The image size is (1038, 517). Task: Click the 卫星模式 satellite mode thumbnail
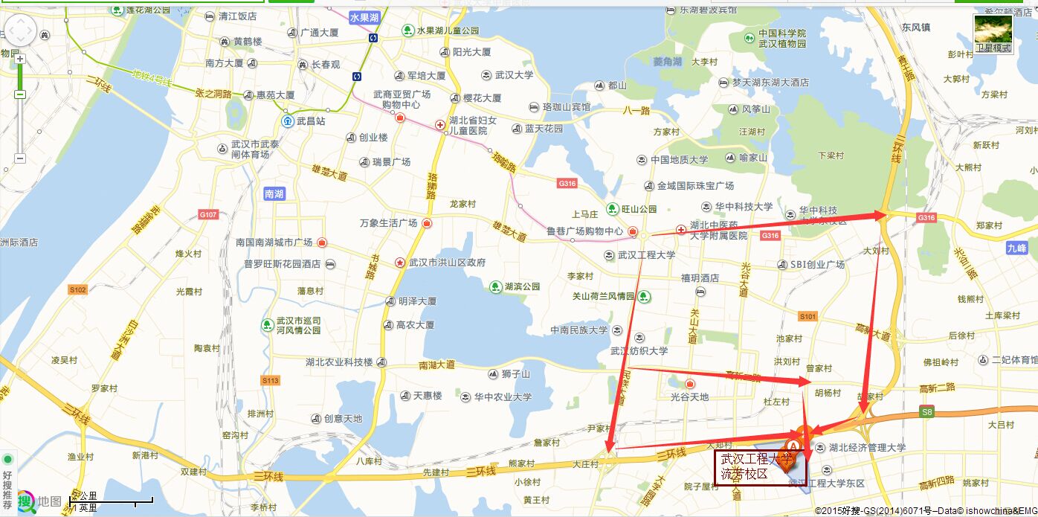(993, 33)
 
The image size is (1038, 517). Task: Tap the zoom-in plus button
(20, 59)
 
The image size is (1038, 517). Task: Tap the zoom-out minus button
(20, 158)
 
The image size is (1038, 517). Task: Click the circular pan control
(20, 30)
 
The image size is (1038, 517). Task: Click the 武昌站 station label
(310, 121)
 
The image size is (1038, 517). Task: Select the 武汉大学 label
(514, 75)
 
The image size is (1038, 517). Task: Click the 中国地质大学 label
(679, 160)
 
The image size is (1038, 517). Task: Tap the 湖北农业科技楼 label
(339, 362)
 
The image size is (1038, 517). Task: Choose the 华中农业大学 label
(503, 397)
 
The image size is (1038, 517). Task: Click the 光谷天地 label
(689, 397)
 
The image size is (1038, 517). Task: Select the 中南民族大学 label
(578, 330)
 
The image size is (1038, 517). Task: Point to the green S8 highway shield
(926, 411)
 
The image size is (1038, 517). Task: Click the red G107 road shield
(208, 214)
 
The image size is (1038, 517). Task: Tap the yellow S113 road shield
(270, 380)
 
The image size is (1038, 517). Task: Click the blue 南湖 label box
(274, 194)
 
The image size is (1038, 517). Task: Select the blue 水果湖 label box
(364, 17)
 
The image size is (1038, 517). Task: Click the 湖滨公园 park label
(522, 286)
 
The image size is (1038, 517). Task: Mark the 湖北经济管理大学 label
(867, 448)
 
